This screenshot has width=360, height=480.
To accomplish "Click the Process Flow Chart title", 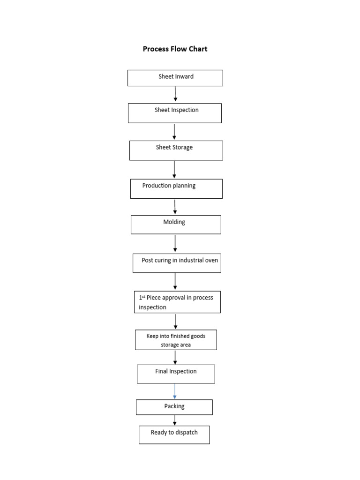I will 175,49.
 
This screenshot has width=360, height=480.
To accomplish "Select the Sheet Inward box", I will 175,78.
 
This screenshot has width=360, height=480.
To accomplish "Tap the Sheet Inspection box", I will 174,113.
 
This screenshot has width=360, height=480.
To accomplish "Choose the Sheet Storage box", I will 176,150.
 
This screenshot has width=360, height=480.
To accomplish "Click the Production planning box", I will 176,188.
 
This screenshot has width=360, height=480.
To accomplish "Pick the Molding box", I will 175,225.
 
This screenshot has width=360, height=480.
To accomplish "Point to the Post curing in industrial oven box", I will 176,263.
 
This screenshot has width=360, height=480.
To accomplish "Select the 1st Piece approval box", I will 177,302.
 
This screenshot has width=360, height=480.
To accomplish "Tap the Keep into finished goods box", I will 176,340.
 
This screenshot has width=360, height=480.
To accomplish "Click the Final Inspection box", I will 176,374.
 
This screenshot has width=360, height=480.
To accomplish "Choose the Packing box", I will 174,407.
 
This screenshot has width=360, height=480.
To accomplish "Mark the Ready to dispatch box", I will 174,435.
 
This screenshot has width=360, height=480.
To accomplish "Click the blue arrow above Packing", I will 175,391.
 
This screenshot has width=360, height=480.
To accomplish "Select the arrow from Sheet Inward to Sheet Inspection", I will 175,94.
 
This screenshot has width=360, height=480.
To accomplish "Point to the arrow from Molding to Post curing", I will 175,243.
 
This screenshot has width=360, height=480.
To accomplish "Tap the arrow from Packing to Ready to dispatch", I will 175,420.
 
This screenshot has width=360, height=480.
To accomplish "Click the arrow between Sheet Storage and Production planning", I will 174,169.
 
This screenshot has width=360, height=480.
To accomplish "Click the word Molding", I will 174,222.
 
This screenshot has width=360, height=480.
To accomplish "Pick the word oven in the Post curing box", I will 211,260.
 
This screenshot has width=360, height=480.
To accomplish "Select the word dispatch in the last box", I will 186,433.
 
